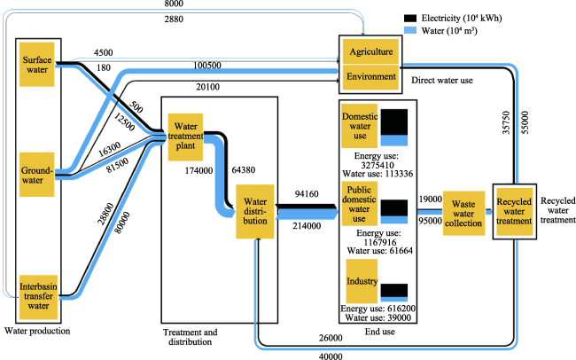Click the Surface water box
[x=36, y=65]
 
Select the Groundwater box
[x=36, y=175]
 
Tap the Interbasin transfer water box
[x=38, y=297]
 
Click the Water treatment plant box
[x=185, y=137]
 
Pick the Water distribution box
[x=255, y=211]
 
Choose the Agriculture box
[x=370, y=51]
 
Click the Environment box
[x=370, y=77]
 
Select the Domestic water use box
[x=359, y=126]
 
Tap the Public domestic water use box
[x=359, y=203]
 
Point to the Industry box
[x=362, y=281]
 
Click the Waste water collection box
[x=463, y=214]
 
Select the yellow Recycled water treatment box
[x=514, y=211]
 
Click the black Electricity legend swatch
[x=410, y=18]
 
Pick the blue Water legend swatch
[x=410, y=30]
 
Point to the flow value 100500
[x=207, y=66]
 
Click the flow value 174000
[x=198, y=170]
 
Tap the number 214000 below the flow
[x=307, y=226]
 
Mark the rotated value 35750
[x=506, y=122]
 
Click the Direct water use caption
[x=442, y=80]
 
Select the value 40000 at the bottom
[x=331, y=356]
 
